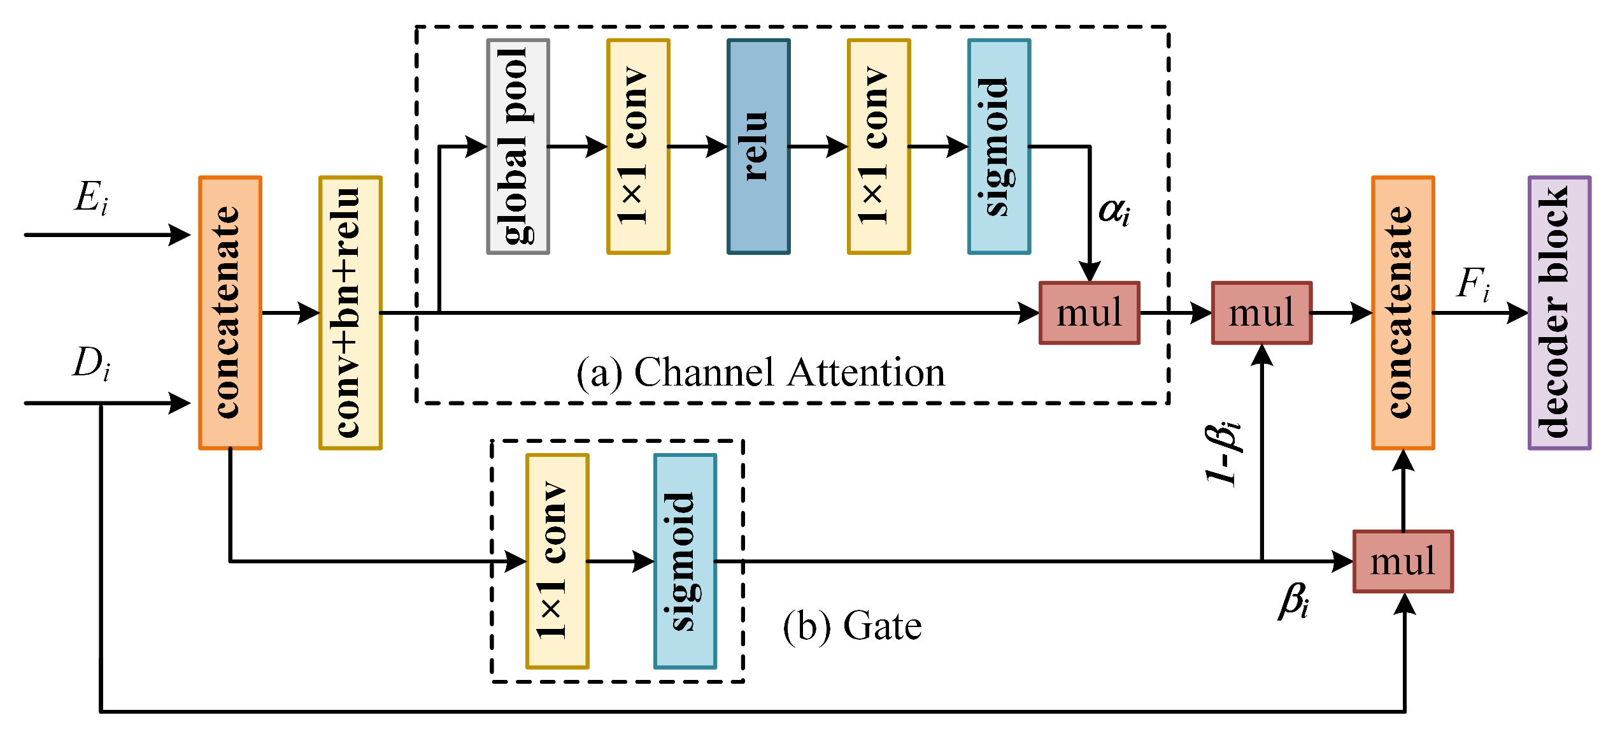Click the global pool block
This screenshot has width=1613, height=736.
(518, 147)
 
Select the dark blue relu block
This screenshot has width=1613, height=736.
(758, 147)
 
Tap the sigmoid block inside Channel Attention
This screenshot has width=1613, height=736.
(999, 147)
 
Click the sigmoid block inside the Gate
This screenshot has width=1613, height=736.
(685, 561)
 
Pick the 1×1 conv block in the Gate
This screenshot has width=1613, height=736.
(557, 561)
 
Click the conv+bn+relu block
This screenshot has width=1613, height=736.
(350, 313)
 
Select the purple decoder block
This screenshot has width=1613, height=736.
(1560, 313)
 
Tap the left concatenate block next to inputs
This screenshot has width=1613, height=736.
(230, 313)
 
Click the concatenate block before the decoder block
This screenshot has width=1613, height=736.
(1403, 313)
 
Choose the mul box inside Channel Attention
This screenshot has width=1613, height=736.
(1090, 313)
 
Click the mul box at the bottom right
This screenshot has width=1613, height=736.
(1403, 561)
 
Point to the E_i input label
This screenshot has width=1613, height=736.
(91, 197)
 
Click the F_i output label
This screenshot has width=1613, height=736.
(1473, 284)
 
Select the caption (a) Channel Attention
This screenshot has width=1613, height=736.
(760, 373)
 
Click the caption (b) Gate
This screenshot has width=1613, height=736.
(852, 626)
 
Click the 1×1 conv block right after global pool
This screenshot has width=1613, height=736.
(638, 147)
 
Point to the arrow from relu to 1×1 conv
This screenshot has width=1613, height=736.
(818, 147)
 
